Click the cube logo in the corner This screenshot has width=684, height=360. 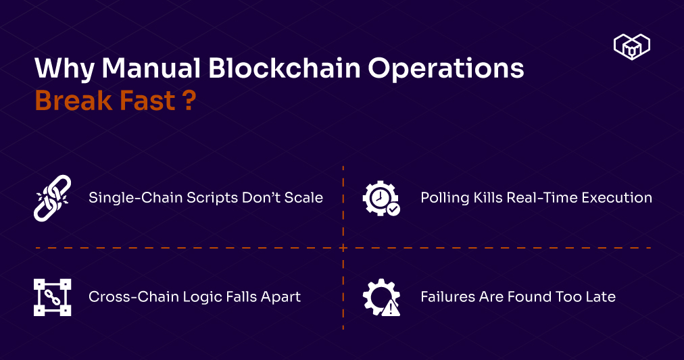pos(632,46)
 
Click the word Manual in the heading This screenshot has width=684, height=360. pos(151,68)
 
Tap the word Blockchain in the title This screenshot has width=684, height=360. pos(285,68)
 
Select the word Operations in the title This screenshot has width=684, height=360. pos(446,70)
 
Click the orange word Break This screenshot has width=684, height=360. pos(74,100)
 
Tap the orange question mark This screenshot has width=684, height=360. pos(189,100)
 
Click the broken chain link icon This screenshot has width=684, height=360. pos(52,199)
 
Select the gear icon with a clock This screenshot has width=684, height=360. pos(381,199)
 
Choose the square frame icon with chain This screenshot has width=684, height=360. pos(52,297)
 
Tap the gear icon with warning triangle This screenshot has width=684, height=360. pos(381,297)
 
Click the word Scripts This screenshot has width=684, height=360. pos(212,199)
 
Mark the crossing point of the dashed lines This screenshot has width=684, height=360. pos(343,248)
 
